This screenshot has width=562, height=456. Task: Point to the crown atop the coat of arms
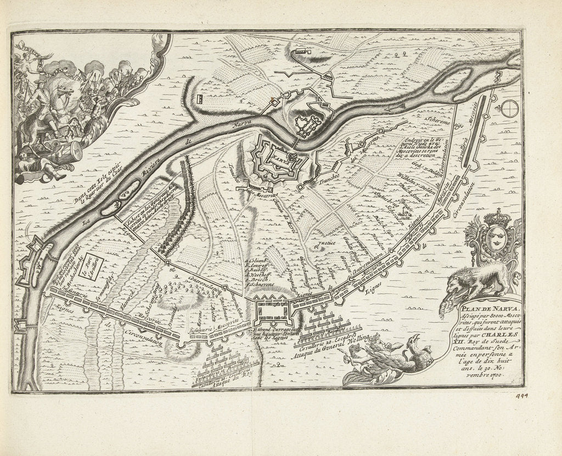pyautogui.click(x=497, y=218)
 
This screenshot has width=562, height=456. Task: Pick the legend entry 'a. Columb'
pyautogui.click(x=257, y=261)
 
